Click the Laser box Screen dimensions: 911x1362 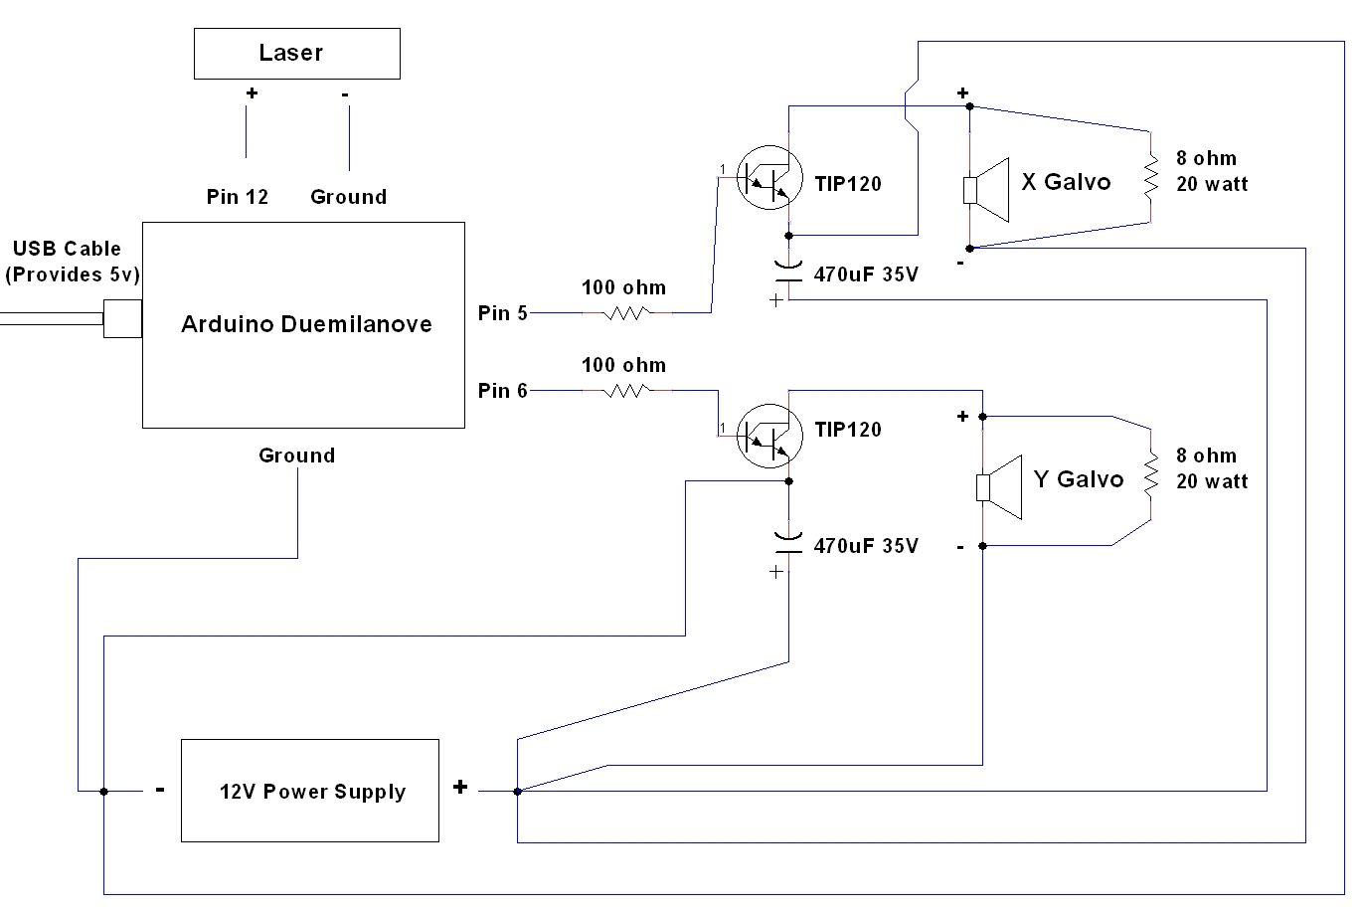click(296, 54)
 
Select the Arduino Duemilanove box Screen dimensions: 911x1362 click(303, 324)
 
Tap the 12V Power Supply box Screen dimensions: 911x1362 click(309, 791)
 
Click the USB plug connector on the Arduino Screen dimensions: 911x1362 click(122, 318)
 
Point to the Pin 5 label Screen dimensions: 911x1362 click(502, 313)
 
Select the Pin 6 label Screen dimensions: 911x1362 click(502, 391)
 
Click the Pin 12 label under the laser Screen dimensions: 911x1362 click(238, 197)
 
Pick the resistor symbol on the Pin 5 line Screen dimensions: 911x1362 click(626, 312)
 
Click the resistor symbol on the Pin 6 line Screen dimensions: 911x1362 click(626, 391)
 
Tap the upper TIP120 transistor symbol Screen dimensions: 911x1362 click(769, 177)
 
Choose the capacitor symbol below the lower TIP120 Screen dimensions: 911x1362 click(788, 543)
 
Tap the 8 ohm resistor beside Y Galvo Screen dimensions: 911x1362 click(1150, 474)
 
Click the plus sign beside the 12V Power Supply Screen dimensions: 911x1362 click(460, 787)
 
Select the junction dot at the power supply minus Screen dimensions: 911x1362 click(103, 792)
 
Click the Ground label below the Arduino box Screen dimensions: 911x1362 click(296, 455)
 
